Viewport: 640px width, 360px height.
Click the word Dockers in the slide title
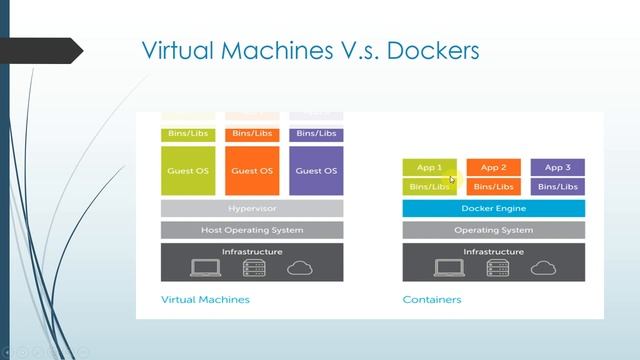(x=429, y=50)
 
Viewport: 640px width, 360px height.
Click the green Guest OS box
(x=188, y=170)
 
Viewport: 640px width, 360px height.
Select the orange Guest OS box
(x=252, y=170)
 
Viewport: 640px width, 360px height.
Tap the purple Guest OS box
(x=316, y=170)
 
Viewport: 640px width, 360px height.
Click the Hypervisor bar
(x=252, y=208)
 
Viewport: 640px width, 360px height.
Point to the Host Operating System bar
(x=252, y=230)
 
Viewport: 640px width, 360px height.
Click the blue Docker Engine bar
(x=493, y=208)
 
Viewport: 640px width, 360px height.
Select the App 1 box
(x=429, y=167)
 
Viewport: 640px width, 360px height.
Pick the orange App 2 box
(x=493, y=167)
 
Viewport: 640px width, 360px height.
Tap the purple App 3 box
(x=557, y=167)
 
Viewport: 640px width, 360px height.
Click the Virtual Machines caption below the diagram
(x=205, y=299)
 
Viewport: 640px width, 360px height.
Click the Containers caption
(x=432, y=299)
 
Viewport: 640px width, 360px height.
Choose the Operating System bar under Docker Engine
(x=493, y=230)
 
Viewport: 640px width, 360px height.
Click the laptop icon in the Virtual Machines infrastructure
(x=205, y=268)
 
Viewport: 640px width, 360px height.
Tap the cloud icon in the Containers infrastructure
(x=543, y=268)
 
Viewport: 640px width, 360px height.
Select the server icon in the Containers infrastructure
(x=494, y=268)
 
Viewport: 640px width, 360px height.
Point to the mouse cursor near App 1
(x=452, y=180)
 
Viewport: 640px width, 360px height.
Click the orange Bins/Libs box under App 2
(x=493, y=186)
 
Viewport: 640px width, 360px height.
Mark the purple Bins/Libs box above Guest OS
(x=316, y=133)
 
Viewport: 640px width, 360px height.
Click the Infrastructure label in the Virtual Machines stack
(x=252, y=252)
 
